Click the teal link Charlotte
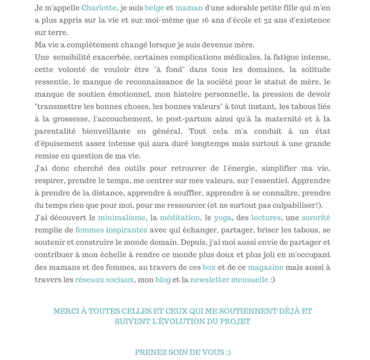(x=99, y=8)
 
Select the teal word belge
(x=154, y=8)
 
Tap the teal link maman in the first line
(x=189, y=8)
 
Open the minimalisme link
(x=121, y=218)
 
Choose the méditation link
(x=180, y=218)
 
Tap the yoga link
(x=223, y=218)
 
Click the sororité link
(x=316, y=218)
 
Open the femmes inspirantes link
(x=111, y=230)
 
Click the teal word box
(x=209, y=267)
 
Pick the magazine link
(x=265, y=267)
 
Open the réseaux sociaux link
(x=105, y=280)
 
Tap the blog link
(x=163, y=280)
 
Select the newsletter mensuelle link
(x=229, y=280)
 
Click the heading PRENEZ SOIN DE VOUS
(x=183, y=352)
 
